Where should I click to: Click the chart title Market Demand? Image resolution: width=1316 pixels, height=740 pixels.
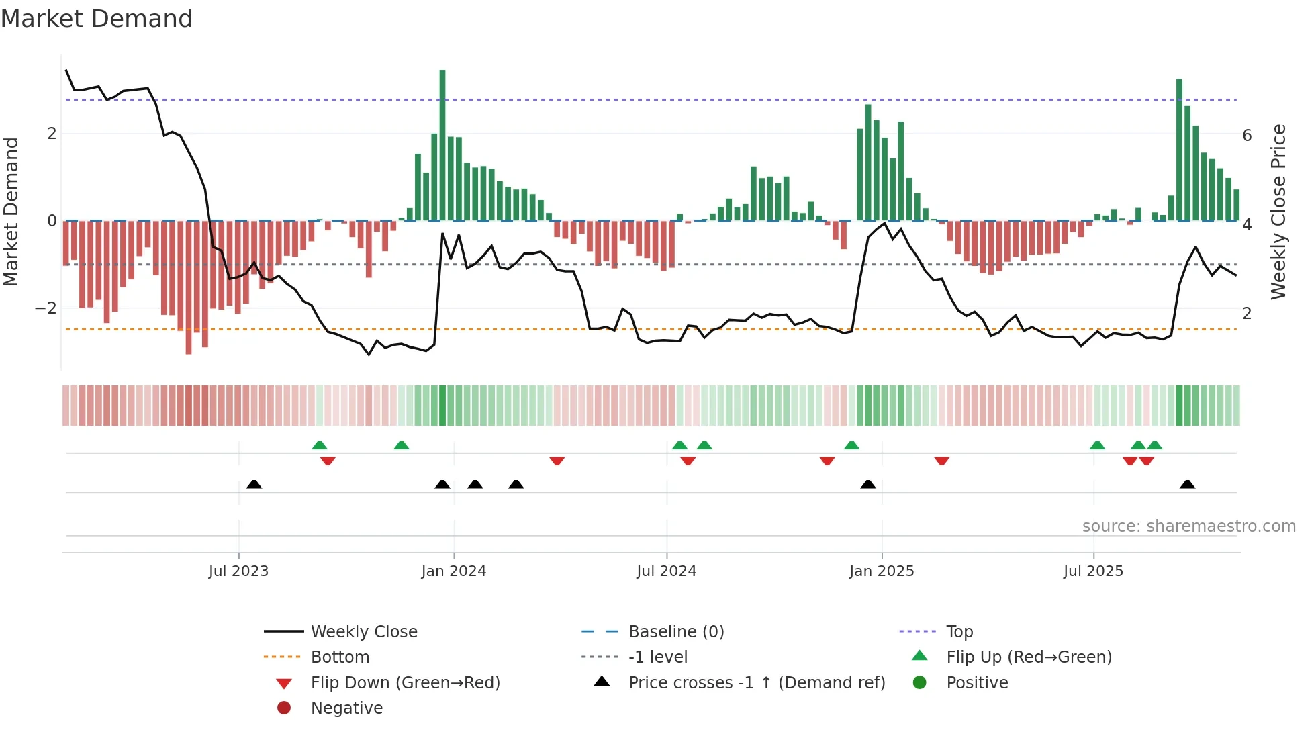pyautogui.click(x=97, y=19)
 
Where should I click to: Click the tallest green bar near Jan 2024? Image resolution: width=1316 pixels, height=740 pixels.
pyautogui.click(x=442, y=144)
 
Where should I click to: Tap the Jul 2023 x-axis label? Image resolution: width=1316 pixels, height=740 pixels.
pyautogui.click(x=238, y=571)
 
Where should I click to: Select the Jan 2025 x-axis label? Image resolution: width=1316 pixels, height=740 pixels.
pyautogui.click(x=881, y=571)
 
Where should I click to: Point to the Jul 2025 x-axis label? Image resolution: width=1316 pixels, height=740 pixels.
pyautogui.click(x=1093, y=571)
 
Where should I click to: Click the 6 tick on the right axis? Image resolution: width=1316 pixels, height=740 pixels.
pyautogui.click(x=1247, y=136)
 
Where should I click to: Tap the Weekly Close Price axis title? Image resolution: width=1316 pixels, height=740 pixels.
pyautogui.click(x=1278, y=212)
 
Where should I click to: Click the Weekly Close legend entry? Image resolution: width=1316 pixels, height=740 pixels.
pyautogui.click(x=363, y=632)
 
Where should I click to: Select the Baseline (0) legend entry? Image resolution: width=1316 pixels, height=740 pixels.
pyautogui.click(x=675, y=632)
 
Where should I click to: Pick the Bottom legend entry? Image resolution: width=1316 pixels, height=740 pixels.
pyautogui.click(x=340, y=657)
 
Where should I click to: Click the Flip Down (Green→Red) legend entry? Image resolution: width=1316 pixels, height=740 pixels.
pyautogui.click(x=405, y=683)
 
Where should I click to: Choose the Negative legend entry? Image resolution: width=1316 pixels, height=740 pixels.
pyautogui.click(x=346, y=708)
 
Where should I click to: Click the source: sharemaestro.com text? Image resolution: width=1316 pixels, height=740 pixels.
pyautogui.click(x=1188, y=526)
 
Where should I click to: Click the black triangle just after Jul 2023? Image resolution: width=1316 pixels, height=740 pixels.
pyautogui.click(x=254, y=485)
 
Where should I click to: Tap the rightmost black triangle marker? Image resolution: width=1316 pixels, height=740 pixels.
pyautogui.click(x=1187, y=485)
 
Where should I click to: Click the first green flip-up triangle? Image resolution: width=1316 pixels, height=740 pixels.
pyautogui.click(x=320, y=445)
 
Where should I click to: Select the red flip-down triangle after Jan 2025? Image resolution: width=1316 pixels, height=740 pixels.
pyautogui.click(x=941, y=461)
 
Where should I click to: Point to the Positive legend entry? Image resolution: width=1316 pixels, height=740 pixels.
pyautogui.click(x=976, y=683)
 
